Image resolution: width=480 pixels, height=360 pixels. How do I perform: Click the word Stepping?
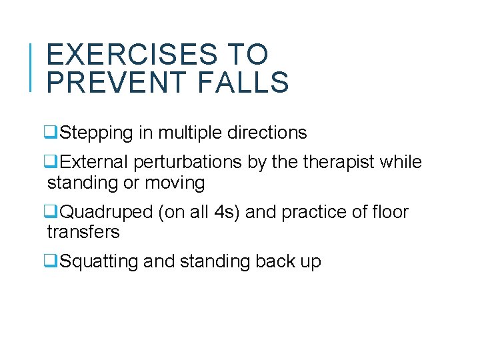pos(97,133)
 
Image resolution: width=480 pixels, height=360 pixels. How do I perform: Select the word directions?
pos(268,133)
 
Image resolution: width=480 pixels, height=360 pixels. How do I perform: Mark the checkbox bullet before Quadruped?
pos(52,213)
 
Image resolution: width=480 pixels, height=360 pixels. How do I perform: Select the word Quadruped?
pos(107,213)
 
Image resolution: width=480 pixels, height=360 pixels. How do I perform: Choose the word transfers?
pos(83,232)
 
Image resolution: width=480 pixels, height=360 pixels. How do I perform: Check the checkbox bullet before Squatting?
pos(52,262)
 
